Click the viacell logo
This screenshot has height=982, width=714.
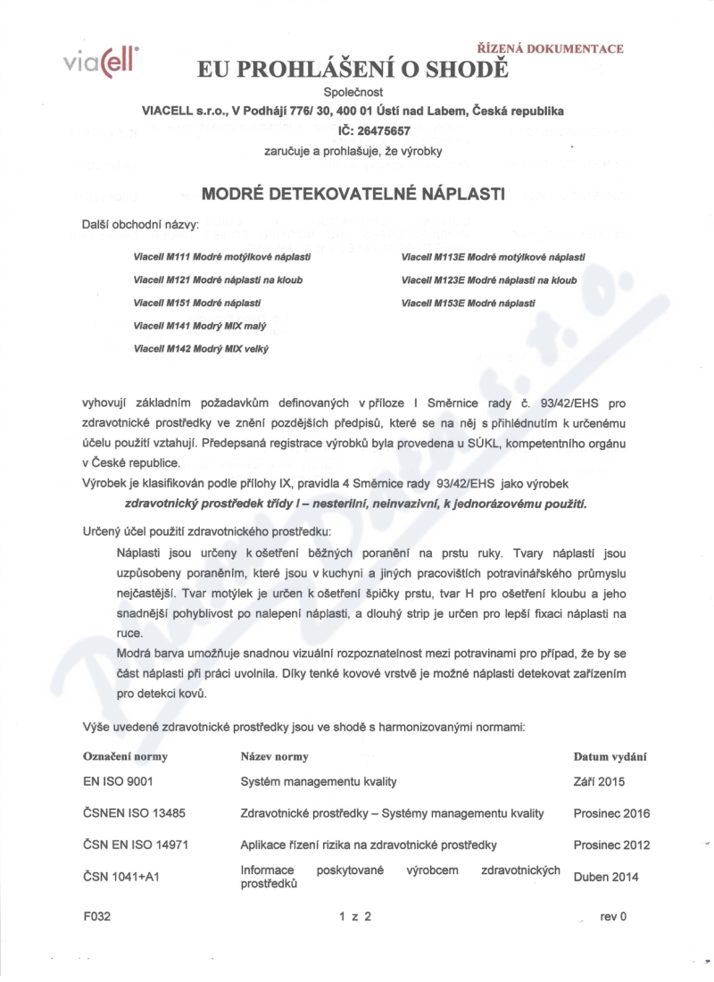click(x=102, y=62)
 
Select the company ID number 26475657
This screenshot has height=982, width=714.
click(x=374, y=130)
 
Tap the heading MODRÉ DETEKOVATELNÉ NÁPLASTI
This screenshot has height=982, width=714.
click(x=354, y=194)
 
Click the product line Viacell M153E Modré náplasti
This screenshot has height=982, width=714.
click(x=469, y=303)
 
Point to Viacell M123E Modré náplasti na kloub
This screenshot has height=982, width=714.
click(x=489, y=279)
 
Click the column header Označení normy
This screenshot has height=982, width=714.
click(x=125, y=757)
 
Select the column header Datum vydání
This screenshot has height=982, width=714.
click(x=610, y=757)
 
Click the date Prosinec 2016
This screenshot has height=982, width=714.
click(x=611, y=813)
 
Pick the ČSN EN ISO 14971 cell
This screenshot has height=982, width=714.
click(x=135, y=845)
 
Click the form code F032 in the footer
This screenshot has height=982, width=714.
click(x=96, y=916)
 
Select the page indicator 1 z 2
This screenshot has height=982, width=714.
click(x=354, y=916)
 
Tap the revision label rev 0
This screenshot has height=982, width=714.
click(x=614, y=916)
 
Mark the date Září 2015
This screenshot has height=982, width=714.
click(x=599, y=781)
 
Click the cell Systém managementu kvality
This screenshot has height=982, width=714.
click(x=319, y=781)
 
